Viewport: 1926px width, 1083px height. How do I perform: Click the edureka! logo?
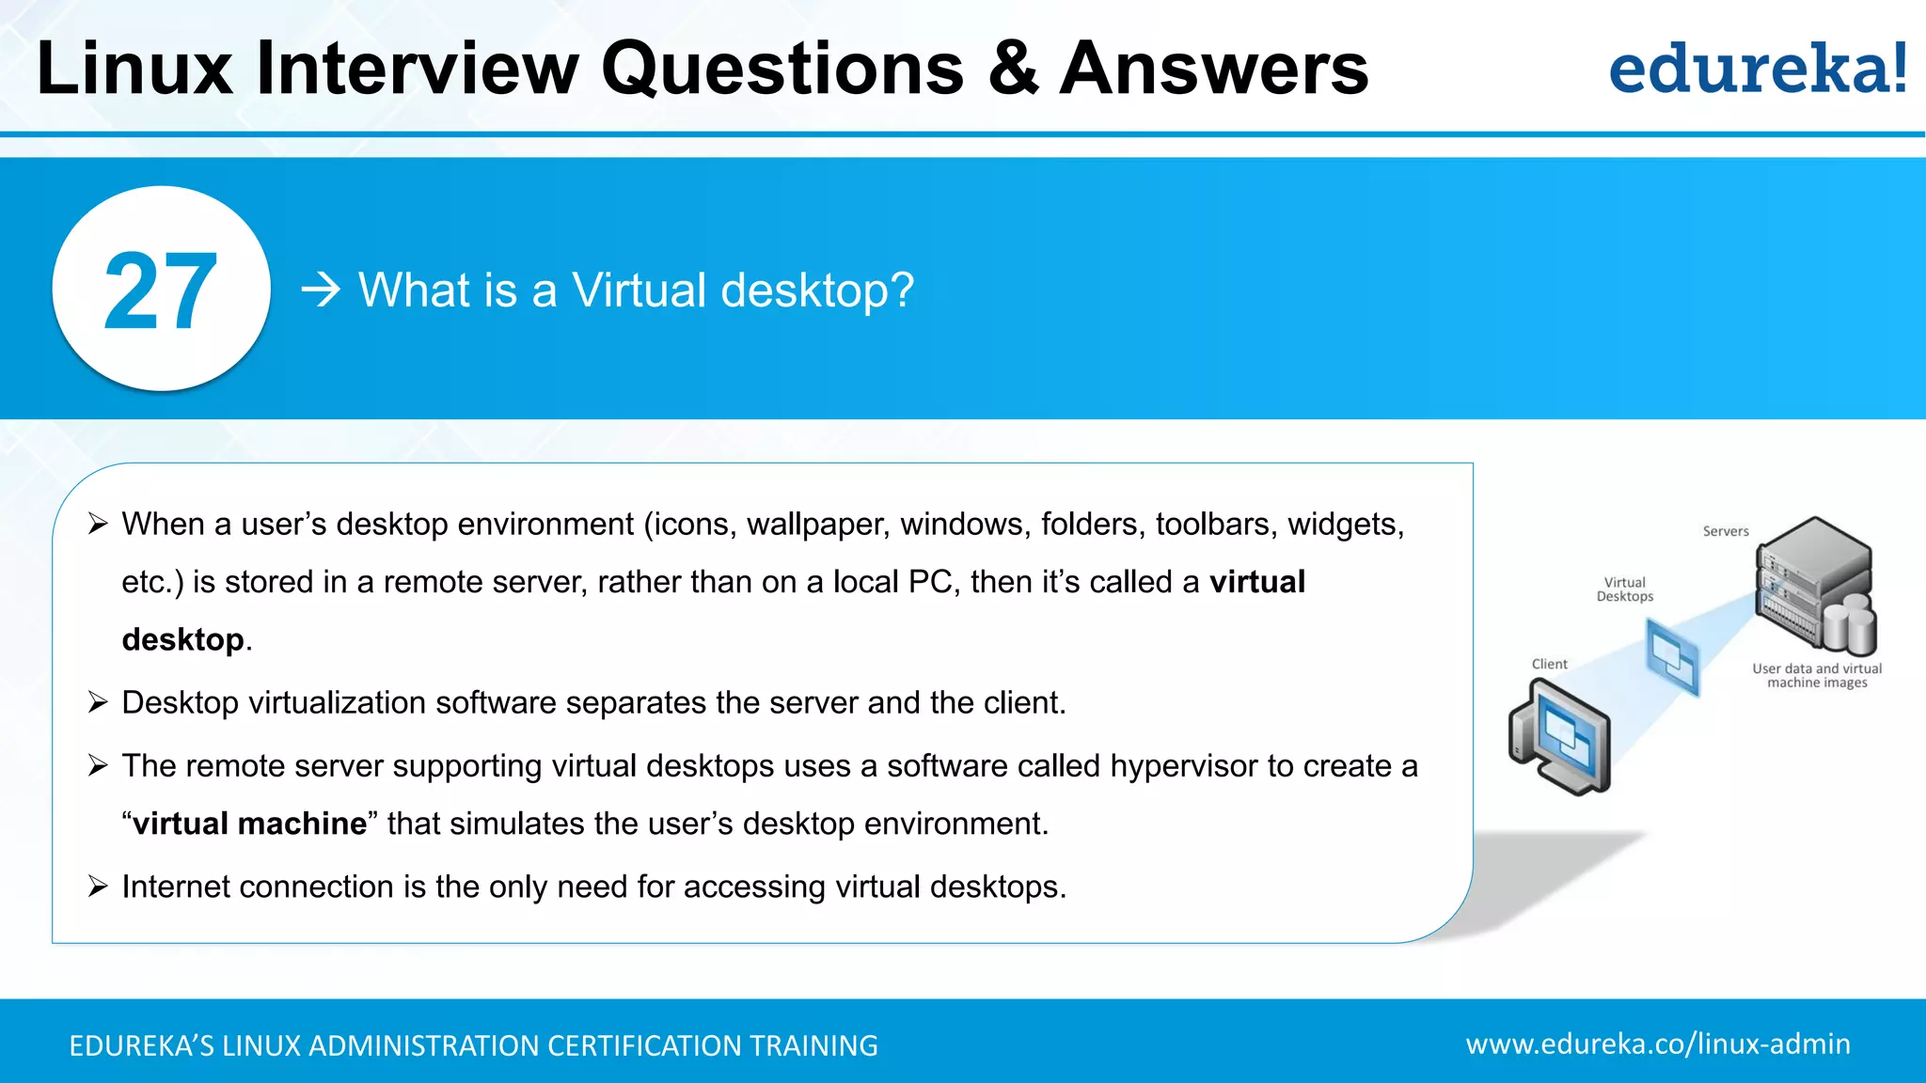[1757, 70]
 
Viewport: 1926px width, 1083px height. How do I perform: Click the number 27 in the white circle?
[161, 291]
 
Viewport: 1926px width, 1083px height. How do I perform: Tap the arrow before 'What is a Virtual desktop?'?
[321, 290]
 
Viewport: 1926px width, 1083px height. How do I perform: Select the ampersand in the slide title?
[1014, 69]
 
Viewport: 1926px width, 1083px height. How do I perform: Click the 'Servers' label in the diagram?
[1725, 531]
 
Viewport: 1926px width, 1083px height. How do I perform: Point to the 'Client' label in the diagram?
[1549, 664]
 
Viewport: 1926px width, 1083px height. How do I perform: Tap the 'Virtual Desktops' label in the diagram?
[1624, 589]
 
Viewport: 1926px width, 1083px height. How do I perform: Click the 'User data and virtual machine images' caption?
[1816, 675]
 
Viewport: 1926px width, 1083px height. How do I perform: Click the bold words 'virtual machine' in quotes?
[249, 824]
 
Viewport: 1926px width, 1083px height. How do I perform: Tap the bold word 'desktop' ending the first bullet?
[182, 640]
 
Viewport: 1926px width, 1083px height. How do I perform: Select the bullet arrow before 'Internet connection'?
[98, 886]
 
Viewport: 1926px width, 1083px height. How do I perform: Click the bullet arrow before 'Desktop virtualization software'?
[98, 701]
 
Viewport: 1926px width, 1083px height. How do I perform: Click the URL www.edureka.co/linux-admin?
[1657, 1044]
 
